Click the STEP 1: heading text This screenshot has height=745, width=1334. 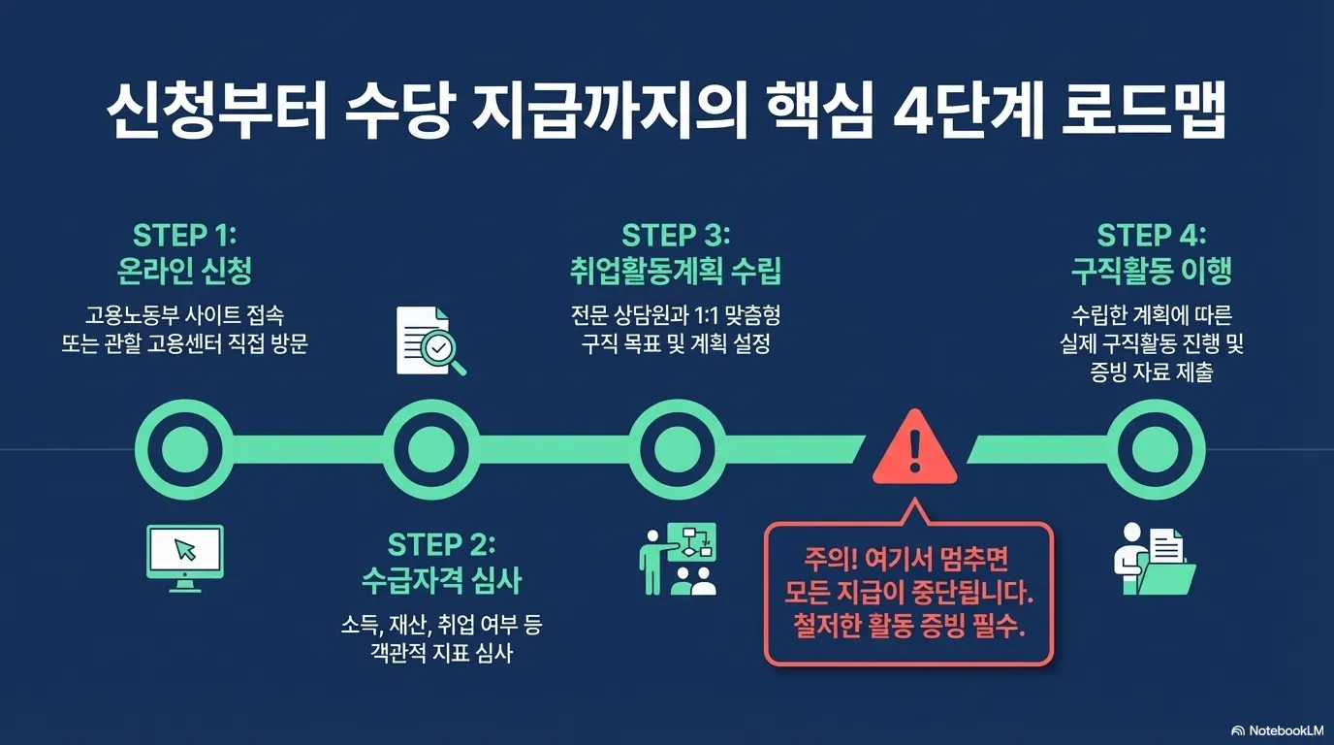point(184,236)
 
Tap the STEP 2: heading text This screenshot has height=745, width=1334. point(441,543)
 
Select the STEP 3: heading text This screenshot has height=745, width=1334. point(675,236)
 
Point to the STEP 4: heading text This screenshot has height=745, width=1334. point(1151,236)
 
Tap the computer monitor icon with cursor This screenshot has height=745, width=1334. point(184,558)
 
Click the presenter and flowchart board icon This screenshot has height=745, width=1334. point(678,559)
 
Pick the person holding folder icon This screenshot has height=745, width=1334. point(1152,560)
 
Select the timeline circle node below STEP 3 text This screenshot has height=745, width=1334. point(676,449)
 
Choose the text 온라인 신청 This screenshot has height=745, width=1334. point(184,271)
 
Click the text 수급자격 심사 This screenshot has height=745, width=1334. point(441,580)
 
